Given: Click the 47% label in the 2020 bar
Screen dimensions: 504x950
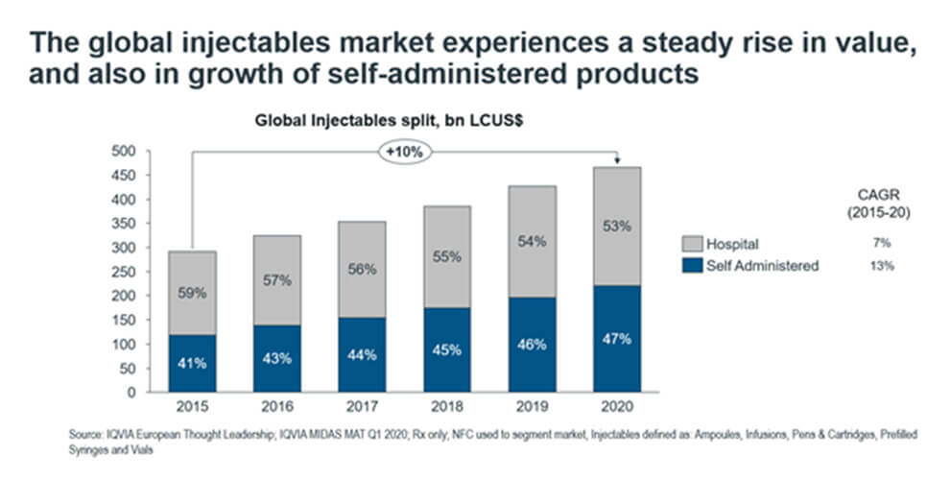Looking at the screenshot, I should point(615,340).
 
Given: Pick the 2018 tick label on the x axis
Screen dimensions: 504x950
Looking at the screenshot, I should point(448,406).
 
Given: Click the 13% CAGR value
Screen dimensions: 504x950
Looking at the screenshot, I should point(883,265).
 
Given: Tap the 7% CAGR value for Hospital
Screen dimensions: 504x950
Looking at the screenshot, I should point(883,244).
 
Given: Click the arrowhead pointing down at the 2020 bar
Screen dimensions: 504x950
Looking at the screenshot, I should point(615,162).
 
